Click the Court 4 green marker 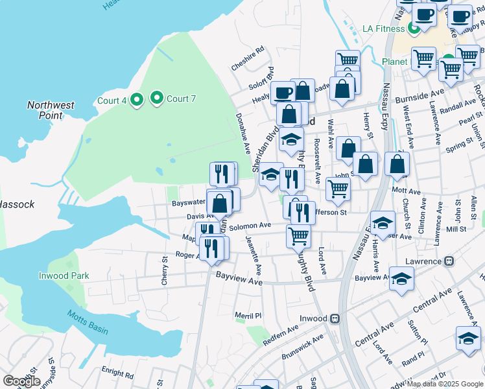pyautogui.click(x=136, y=100)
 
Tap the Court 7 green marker pyautogui.click(x=156, y=99)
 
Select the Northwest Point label pyautogui.click(x=51, y=110)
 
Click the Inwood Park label pyautogui.click(x=63, y=276)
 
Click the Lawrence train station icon pyautogui.click(x=448, y=261)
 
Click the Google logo pyautogui.click(x=21, y=381)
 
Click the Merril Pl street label pyautogui.click(x=248, y=315)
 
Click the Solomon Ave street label pyautogui.click(x=249, y=226)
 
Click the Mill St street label pyautogui.click(x=456, y=229)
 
